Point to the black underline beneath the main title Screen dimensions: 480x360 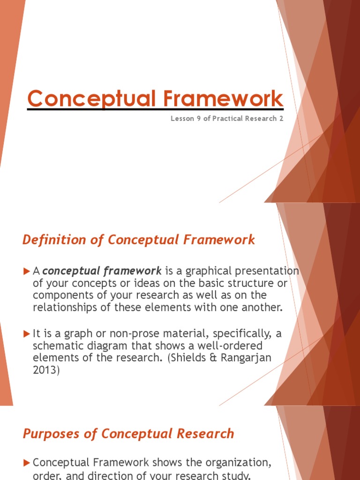tap(155, 109)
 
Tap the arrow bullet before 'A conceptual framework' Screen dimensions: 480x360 tap(26, 271)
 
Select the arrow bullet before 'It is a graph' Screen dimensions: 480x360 tap(26, 333)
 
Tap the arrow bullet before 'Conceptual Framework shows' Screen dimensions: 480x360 tap(26, 463)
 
